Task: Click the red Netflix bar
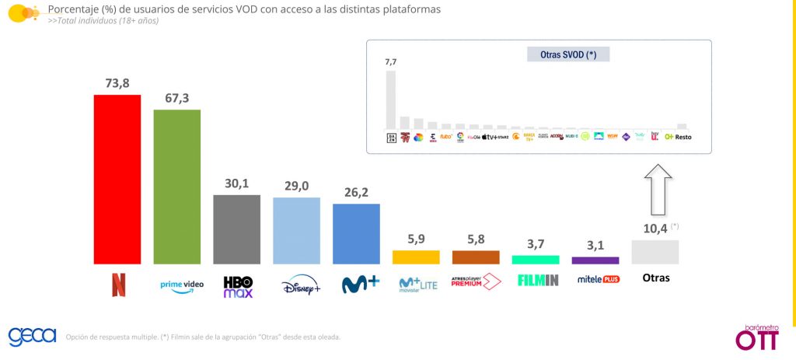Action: (x=117, y=180)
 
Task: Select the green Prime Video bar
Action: (x=177, y=187)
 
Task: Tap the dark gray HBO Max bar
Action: (x=237, y=229)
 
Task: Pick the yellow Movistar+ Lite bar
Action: (x=416, y=257)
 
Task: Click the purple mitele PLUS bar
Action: (x=595, y=260)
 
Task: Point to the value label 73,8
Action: (x=117, y=82)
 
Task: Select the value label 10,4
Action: (x=651, y=228)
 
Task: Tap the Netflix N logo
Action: (x=117, y=285)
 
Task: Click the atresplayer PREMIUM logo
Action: (x=476, y=281)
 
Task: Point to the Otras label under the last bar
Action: (x=655, y=278)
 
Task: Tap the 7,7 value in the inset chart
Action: (x=390, y=61)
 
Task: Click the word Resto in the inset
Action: (x=683, y=137)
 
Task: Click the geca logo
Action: (x=32, y=336)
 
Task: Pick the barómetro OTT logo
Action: (x=756, y=335)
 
